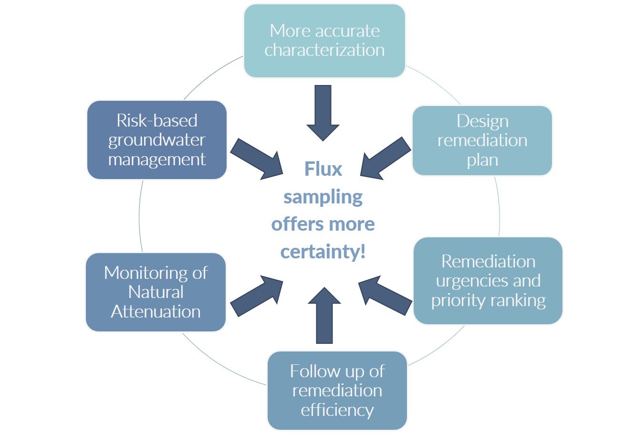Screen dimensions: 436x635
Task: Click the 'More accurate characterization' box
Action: point(324,41)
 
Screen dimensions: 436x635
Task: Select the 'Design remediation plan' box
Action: point(482,140)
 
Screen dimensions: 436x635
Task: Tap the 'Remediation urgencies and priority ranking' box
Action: point(488,281)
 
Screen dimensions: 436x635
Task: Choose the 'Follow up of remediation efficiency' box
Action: point(337,390)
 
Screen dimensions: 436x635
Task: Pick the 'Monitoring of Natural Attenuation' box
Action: point(156,292)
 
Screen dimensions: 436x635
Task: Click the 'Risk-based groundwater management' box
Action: point(156,140)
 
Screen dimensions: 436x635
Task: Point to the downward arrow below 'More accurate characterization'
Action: point(323,113)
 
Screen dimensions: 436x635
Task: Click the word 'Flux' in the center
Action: point(323,169)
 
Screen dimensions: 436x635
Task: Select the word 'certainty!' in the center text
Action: point(323,252)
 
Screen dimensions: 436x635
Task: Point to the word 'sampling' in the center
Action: point(323,197)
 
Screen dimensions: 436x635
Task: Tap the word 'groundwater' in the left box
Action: point(156,140)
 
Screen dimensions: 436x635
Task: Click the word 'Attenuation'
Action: point(156,311)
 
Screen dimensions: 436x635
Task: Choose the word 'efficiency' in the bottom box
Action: point(337,410)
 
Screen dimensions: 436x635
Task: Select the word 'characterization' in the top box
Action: point(324,50)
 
